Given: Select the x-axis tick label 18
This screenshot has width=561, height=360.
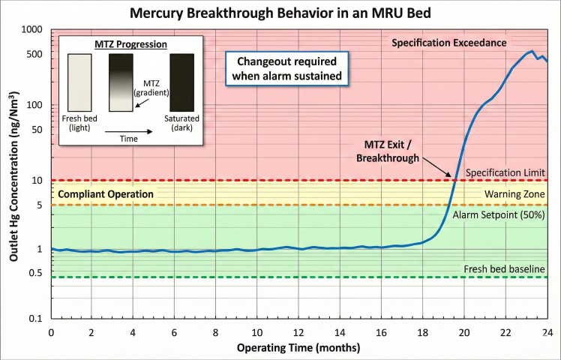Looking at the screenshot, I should pos(422,332).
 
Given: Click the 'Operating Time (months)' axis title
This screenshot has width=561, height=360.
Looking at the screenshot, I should pos(298,348).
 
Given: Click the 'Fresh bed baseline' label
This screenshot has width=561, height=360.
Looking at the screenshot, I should pos(504,268).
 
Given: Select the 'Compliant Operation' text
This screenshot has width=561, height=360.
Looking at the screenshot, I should pos(106,194).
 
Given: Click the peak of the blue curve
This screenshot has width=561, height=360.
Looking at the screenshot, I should pos(532,52).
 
